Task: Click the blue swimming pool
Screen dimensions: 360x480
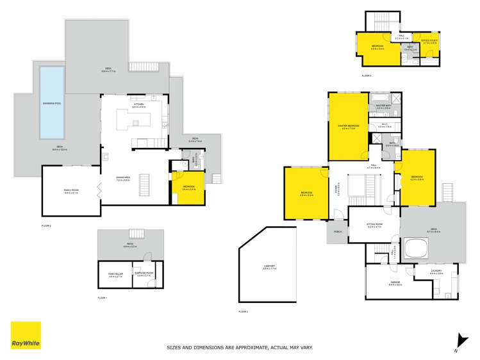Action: tap(51, 102)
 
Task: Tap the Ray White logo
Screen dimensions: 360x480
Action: tap(26, 336)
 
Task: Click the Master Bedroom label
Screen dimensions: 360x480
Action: tap(350, 126)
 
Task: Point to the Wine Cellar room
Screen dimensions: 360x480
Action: tap(115, 275)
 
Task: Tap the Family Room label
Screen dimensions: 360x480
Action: tap(70, 192)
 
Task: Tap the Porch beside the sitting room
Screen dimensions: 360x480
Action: tap(337, 233)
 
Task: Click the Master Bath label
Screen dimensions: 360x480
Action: tap(383, 107)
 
